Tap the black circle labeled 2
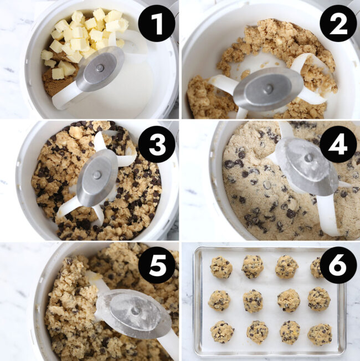[337, 25]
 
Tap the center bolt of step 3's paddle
[97, 175]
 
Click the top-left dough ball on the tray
[220, 267]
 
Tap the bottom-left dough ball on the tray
[222, 332]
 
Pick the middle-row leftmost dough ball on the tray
[219, 300]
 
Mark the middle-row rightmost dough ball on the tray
[319, 300]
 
